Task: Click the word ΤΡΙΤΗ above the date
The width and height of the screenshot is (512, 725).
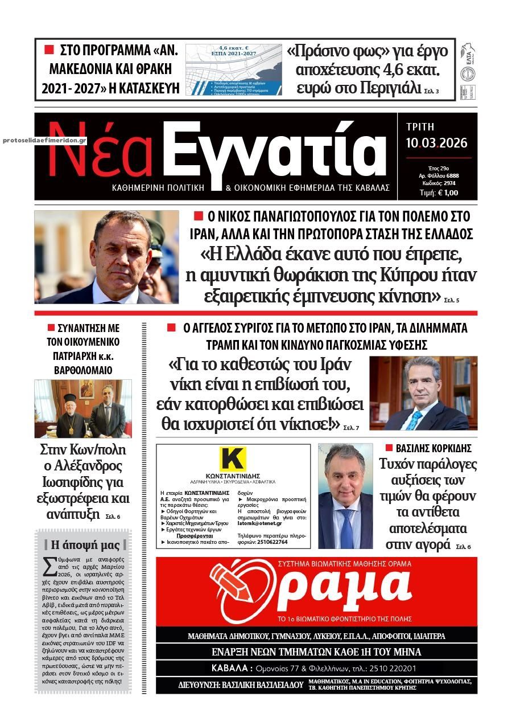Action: [x=420, y=128]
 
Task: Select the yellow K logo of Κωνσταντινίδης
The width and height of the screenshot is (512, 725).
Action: [x=233, y=459]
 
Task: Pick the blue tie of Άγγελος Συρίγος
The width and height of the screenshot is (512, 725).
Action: [x=414, y=420]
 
